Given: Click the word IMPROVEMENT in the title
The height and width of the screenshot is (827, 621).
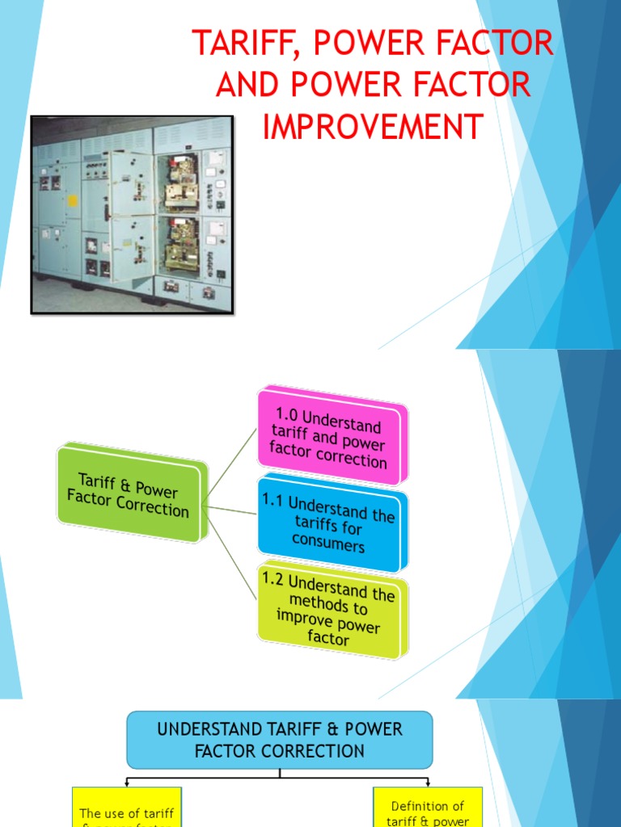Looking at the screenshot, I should pyautogui.click(x=373, y=127).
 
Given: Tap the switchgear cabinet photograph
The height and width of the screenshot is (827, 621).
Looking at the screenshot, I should pyautogui.click(x=132, y=214).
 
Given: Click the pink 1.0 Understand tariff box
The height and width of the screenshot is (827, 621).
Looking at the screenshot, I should pyautogui.click(x=332, y=436).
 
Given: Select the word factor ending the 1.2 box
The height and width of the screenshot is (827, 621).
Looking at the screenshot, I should pyautogui.click(x=328, y=639).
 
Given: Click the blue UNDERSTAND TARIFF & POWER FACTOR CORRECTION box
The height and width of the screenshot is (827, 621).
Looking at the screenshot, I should pyautogui.click(x=280, y=740).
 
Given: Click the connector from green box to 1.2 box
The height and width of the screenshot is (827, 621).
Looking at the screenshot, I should pyautogui.click(x=232, y=554).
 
